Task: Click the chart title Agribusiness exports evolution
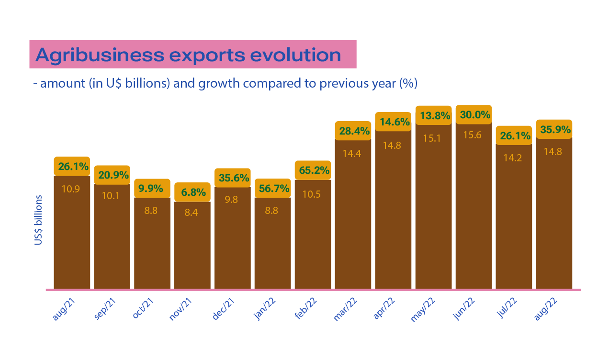tap(188, 55)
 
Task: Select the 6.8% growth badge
tap(192, 192)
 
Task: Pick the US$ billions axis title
tap(38, 220)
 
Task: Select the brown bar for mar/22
tap(353, 220)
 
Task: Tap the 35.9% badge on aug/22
tap(554, 129)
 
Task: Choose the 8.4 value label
tap(192, 213)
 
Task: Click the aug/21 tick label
tap(62, 308)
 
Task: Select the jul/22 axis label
tap(506, 308)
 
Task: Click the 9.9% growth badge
tap(152, 188)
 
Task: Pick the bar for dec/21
tap(232, 239)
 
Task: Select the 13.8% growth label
tap(433, 115)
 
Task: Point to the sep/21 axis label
tap(103, 308)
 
